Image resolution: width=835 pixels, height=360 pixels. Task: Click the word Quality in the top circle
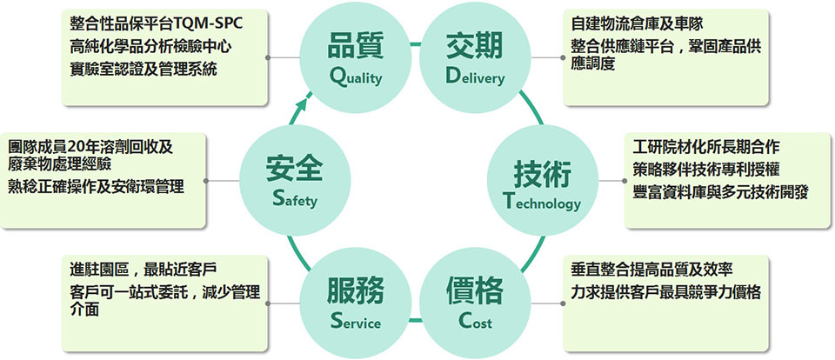(x=355, y=77)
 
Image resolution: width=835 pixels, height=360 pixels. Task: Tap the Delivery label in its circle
(x=475, y=77)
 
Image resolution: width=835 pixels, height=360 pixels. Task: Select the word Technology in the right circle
(x=541, y=203)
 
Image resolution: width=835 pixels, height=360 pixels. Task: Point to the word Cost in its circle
(x=475, y=321)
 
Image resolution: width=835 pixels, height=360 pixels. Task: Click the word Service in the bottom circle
(x=355, y=322)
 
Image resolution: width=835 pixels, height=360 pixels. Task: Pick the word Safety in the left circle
(x=295, y=200)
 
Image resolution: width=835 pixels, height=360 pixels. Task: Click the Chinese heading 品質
(x=355, y=45)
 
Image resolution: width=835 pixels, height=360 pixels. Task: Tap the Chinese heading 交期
(x=475, y=45)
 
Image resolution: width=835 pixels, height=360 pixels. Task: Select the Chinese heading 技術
(x=542, y=173)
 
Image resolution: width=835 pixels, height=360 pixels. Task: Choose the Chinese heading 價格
(x=475, y=291)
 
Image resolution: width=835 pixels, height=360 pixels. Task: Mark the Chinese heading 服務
(x=355, y=291)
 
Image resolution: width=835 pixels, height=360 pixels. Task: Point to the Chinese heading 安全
(x=295, y=169)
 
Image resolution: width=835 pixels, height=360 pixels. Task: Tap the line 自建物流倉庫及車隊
(x=637, y=24)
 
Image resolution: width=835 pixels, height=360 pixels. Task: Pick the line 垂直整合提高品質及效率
(x=651, y=270)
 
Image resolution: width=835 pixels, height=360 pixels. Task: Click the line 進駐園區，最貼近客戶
(x=143, y=270)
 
